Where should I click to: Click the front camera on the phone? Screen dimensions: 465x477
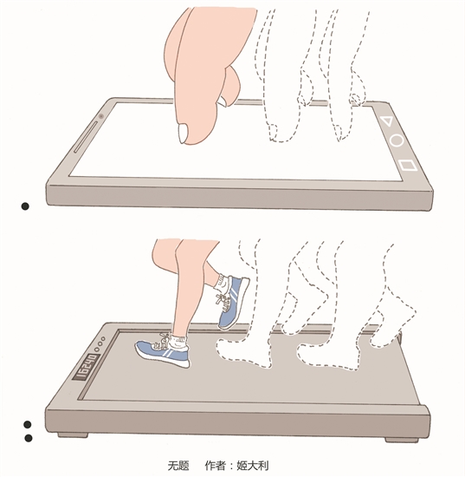click(x=101, y=116)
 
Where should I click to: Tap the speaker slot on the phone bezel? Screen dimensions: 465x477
click(x=86, y=136)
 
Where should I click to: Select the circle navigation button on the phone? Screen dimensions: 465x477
click(x=397, y=140)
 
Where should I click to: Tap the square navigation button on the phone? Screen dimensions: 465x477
click(x=407, y=166)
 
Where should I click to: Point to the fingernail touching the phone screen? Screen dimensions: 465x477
click(x=184, y=134)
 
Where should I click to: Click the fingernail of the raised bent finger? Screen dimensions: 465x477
click(x=222, y=101)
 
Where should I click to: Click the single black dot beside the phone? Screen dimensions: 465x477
click(x=25, y=206)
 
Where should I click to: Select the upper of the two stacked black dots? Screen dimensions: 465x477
click(x=28, y=424)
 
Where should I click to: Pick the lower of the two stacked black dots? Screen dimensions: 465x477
click(x=29, y=438)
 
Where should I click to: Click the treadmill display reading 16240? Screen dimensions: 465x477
click(x=87, y=367)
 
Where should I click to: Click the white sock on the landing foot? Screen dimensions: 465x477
click(x=179, y=343)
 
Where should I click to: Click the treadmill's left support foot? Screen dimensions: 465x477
click(x=73, y=435)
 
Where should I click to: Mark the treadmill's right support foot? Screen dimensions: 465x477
click(x=402, y=440)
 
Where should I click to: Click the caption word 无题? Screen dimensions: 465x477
click(x=178, y=465)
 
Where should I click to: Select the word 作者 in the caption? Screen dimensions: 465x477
click(x=216, y=465)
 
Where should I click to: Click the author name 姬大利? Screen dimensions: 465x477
click(x=253, y=465)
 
